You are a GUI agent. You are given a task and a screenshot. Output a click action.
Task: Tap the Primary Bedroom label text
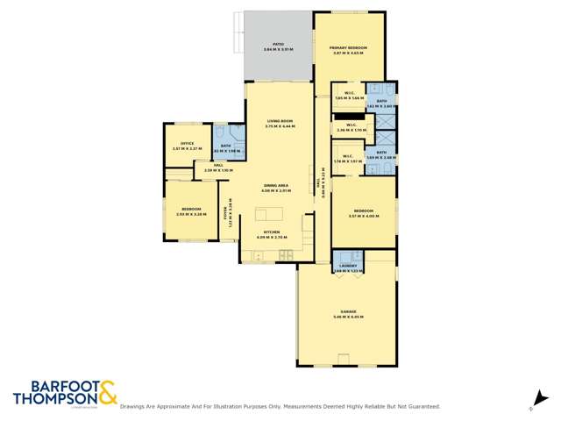[x=348, y=50]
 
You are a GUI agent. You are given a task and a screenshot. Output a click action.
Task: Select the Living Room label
[x=280, y=123]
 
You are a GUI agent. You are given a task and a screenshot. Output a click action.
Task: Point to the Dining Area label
[x=280, y=188]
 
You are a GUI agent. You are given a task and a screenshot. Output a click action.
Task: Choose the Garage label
[x=348, y=313]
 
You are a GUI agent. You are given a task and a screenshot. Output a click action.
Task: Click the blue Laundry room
[x=348, y=265]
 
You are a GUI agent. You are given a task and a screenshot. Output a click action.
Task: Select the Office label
[x=187, y=146]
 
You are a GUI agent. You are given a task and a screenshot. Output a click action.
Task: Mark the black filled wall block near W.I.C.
[x=350, y=114]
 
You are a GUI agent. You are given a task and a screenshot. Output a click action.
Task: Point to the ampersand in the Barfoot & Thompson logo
[x=107, y=392]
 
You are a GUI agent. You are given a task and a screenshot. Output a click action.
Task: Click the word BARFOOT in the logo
[x=52, y=386]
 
